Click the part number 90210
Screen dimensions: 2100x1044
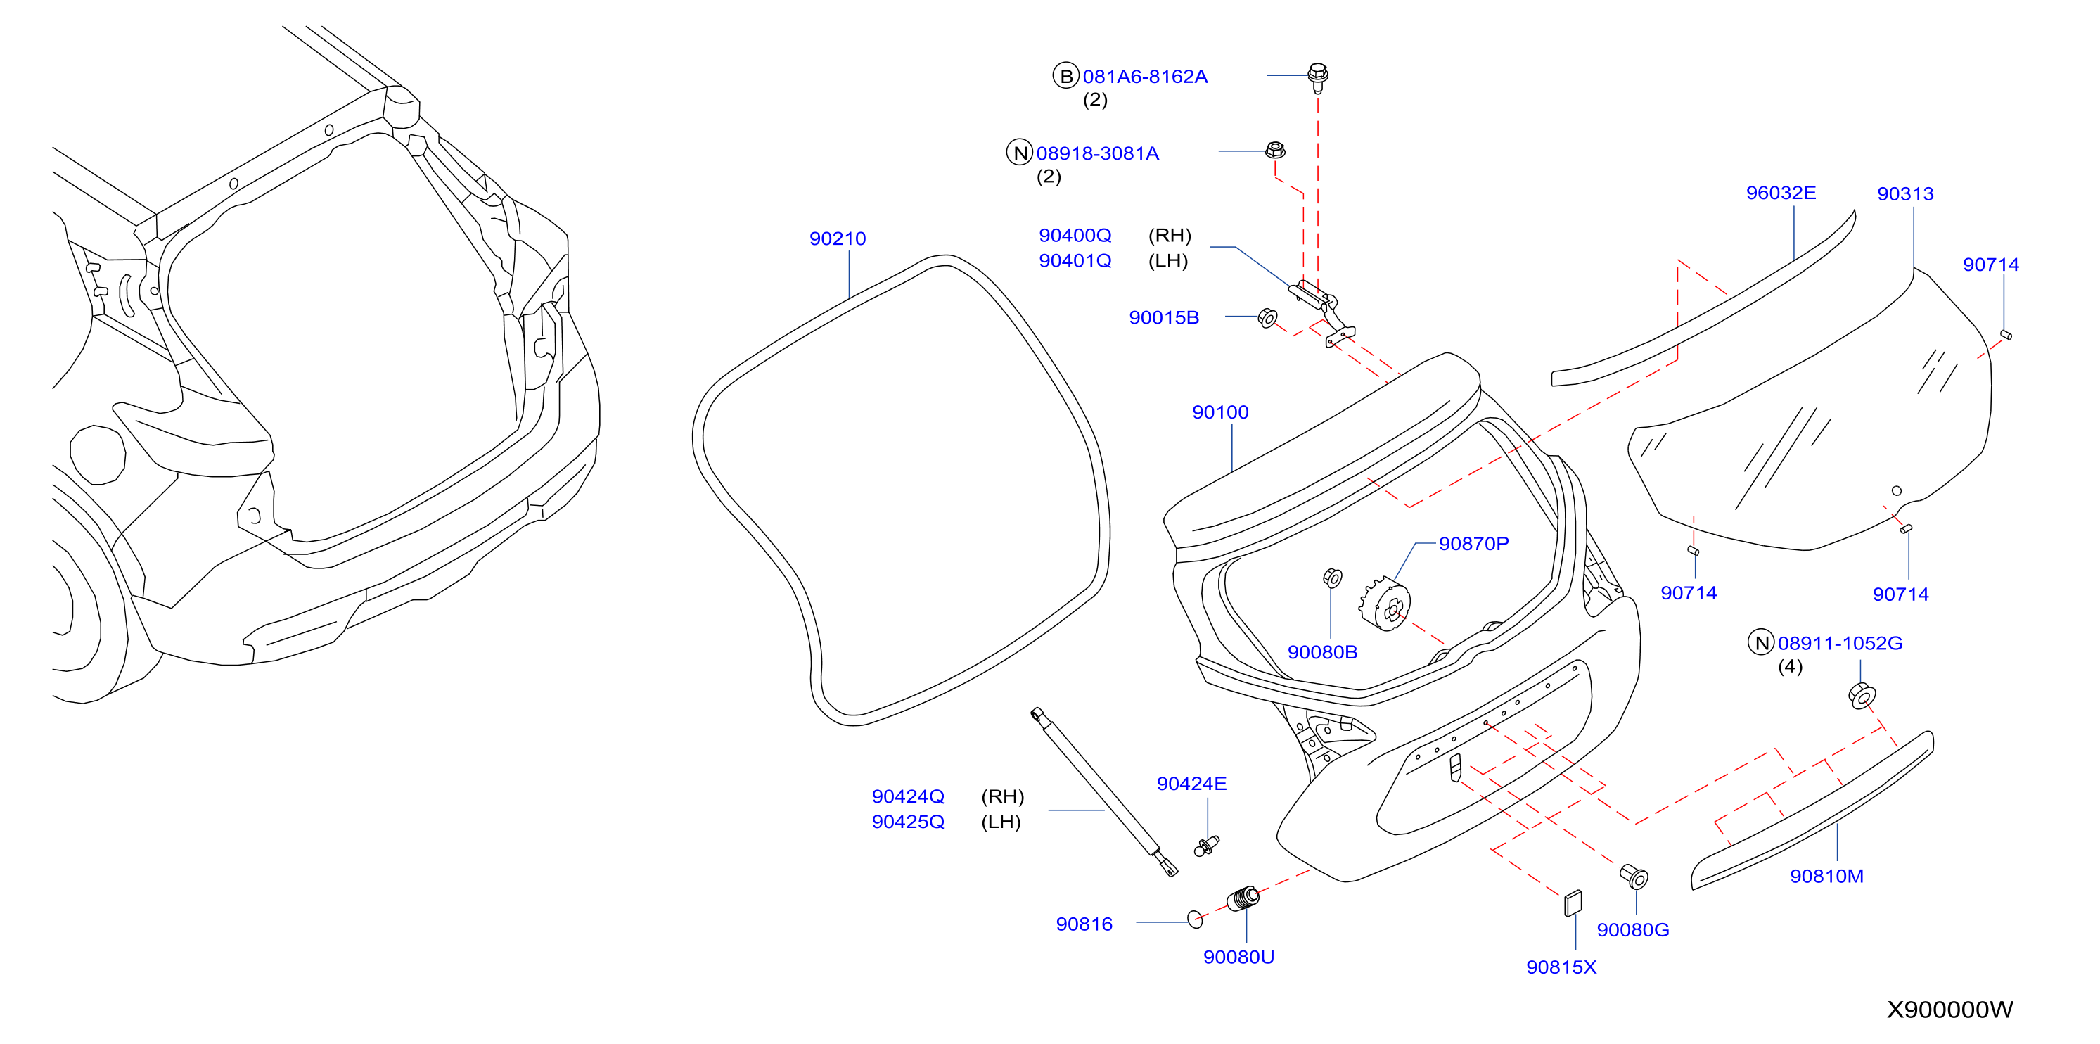coord(837,238)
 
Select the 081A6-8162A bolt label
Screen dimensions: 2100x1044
coord(1144,77)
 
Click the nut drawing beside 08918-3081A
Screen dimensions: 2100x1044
coord(1275,150)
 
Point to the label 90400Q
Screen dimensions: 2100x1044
coord(1075,236)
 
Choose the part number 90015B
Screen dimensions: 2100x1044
coord(1163,317)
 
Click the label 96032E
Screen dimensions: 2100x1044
coord(1781,193)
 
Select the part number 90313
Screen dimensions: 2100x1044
coord(1905,193)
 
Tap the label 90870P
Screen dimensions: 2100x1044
coord(1473,543)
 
